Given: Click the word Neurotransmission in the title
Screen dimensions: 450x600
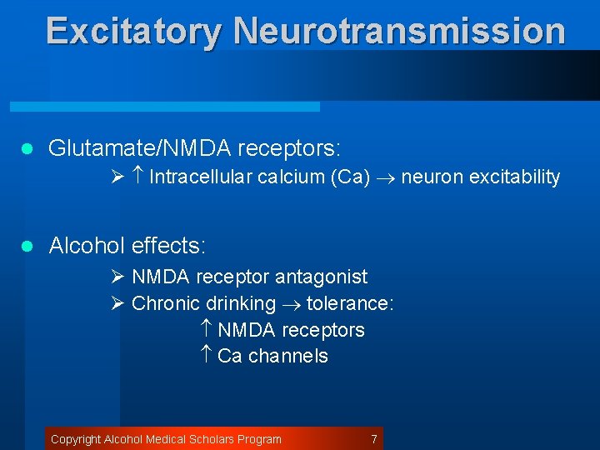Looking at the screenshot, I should [x=399, y=31].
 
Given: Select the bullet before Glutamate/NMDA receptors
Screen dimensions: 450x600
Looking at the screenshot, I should [x=26, y=150].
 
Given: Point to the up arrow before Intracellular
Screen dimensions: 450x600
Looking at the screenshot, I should [x=138, y=177].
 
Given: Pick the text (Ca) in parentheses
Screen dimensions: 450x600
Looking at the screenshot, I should [x=350, y=177].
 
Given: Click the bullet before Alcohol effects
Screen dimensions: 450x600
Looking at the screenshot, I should [x=26, y=247].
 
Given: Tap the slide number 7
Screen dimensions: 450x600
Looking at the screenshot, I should [x=374, y=439].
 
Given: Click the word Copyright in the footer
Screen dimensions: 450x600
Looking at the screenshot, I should [x=76, y=439].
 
